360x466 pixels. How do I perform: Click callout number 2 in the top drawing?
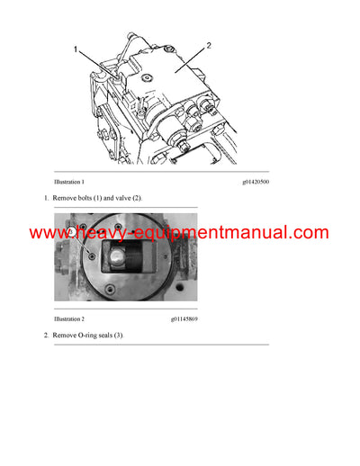210,45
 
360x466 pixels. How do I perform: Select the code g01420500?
256,182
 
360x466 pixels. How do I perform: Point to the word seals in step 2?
112,335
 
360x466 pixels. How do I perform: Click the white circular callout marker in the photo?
72,233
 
